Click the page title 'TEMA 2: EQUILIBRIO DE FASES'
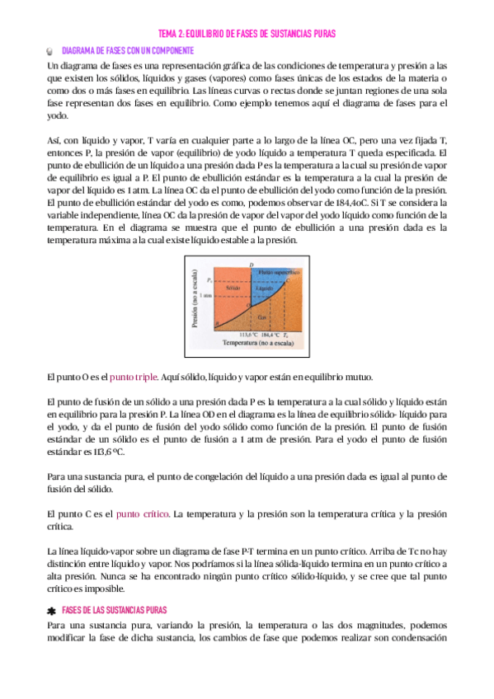[247, 32]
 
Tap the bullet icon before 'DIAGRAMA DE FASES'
[51, 51]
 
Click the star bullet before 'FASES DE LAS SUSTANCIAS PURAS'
[51, 610]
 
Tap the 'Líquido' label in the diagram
[265, 289]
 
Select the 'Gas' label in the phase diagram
[262, 316]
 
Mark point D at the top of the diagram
[252, 263]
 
